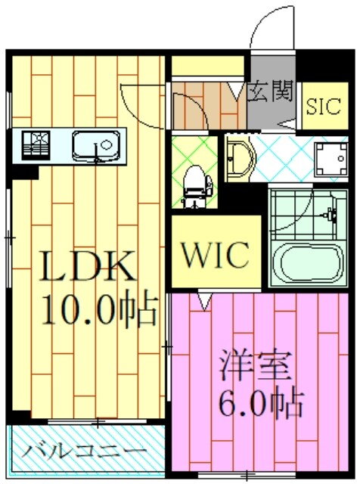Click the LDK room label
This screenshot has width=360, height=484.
(x=88, y=265)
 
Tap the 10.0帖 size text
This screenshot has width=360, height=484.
(x=100, y=308)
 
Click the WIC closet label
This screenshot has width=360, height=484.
(x=216, y=254)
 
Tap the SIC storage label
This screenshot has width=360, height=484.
(x=324, y=106)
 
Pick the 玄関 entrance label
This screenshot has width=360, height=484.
(x=271, y=92)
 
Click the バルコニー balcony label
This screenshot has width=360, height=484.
(x=84, y=452)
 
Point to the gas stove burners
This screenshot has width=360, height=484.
(x=36, y=145)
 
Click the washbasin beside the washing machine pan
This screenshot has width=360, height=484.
(x=240, y=158)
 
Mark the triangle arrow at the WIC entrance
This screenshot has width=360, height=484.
(x=204, y=301)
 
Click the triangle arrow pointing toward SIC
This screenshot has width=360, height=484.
(x=287, y=124)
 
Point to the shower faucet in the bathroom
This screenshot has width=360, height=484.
(x=331, y=215)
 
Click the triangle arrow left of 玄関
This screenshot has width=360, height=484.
(x=237, y=92)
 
